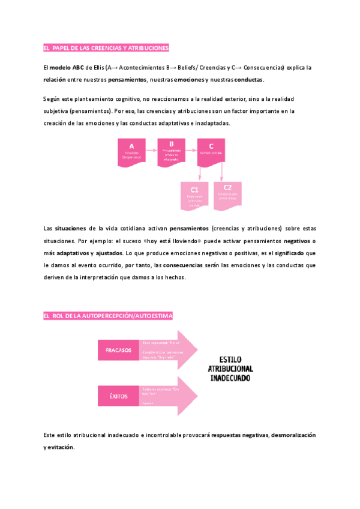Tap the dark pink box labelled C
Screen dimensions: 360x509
click(211, 151)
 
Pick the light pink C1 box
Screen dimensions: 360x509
click(194, 196)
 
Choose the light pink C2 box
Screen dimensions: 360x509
click(228, 196)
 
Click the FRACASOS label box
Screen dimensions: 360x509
click(118, 350)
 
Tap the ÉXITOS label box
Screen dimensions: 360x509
click(118, 396)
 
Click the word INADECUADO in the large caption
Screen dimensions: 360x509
click(230, 379)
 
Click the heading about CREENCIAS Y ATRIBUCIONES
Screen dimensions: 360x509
click(107, 48)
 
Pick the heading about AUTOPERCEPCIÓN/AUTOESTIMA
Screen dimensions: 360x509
click(108, 316)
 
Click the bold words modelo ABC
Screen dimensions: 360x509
click(66, 68)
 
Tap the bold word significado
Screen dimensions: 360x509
click(290, 253)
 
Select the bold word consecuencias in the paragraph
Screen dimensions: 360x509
click(182, 265)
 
